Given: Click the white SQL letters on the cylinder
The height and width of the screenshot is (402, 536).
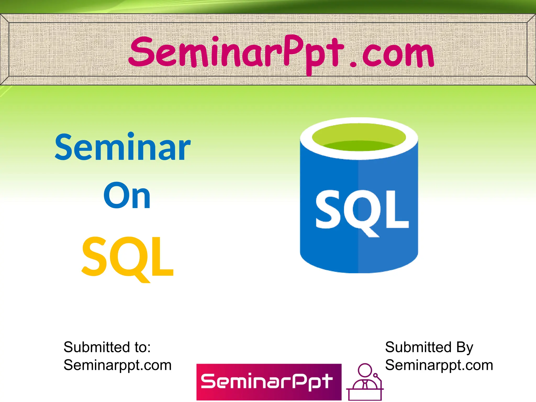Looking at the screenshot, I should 362,209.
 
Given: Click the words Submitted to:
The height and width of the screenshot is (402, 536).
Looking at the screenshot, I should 107,347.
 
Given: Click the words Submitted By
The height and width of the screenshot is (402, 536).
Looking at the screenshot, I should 429,347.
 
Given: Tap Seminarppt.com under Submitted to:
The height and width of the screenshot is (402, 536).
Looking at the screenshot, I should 118,365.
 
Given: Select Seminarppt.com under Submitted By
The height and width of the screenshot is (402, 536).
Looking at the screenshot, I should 439,365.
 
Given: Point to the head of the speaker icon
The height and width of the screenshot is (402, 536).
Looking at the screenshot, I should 365,370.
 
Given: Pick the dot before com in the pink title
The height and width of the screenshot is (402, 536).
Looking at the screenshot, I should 353,64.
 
